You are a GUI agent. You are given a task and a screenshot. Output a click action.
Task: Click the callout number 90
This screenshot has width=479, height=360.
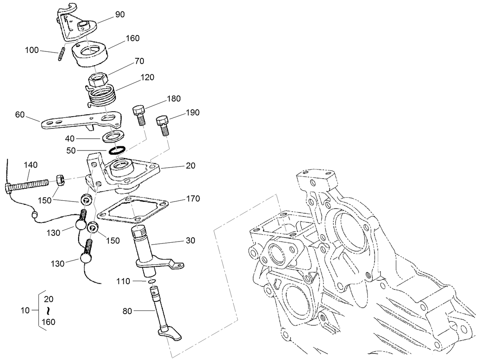[x=120, y=14]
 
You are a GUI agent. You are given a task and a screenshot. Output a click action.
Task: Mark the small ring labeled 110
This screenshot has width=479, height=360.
[x=151, y=281]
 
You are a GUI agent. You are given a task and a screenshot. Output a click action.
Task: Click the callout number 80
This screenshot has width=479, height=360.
[x=127, y=311]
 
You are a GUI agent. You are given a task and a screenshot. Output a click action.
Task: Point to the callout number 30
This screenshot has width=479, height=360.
[x=190, y=240]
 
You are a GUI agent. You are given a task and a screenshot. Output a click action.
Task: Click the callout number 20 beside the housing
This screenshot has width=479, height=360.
[x=190, y=166]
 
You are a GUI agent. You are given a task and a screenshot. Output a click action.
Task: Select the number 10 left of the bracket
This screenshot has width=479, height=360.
[x=25, y=310]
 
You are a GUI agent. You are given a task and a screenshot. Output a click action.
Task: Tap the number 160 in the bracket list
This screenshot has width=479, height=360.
[x=48, y=322]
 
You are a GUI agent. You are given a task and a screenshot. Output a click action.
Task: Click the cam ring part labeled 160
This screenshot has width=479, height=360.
[x=90, y=53]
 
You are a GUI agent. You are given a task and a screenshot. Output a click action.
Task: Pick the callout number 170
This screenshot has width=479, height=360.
[x=193, y=198]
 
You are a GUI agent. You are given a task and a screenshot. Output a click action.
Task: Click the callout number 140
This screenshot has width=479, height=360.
[x=30, y=165]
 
